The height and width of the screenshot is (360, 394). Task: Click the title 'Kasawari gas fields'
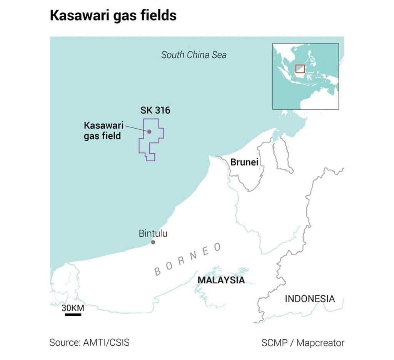(x=113, y=16)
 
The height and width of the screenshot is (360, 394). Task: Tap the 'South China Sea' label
(x=194, y=55)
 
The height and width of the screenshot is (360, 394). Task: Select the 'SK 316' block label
(x=155, y=111)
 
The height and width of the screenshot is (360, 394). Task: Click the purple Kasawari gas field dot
(x=149, y=132)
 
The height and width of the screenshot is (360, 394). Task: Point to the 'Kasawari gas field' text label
(x=103, y=131)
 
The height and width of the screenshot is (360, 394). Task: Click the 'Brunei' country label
(x=244, y=162)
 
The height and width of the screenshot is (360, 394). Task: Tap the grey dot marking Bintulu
(x=153, y=242)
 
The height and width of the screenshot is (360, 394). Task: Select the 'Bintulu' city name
(x=153, y=233)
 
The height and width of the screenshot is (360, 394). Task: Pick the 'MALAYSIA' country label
(x=221, y=280)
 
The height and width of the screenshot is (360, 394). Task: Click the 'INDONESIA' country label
(x=310, y=298)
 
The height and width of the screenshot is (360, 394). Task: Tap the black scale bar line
(x=73, y=315)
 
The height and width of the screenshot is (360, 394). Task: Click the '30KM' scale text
(x=73, y=308)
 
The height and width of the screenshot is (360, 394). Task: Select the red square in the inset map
(x=300, y=69)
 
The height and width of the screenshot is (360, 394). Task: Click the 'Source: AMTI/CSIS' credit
(x=89, y=342)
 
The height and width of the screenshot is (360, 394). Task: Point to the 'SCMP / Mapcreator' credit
(x=303, y=343)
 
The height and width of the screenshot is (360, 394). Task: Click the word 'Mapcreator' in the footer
(x=321, y=343)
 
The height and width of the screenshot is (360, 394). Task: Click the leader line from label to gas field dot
(x=136, y=129)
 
